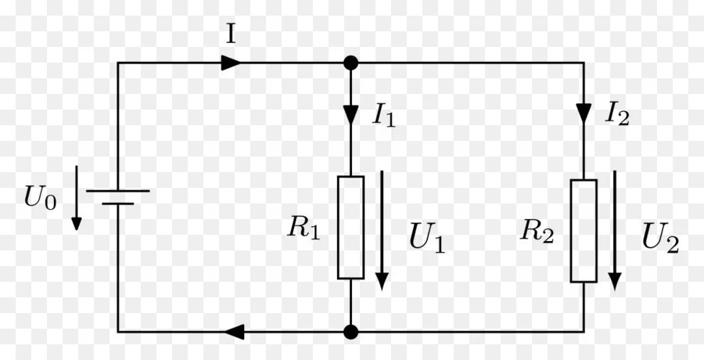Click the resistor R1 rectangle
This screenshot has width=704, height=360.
(351, 227)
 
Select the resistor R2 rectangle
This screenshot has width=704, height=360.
(584, 230)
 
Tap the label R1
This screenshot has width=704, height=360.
(304, 228)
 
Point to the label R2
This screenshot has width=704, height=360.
(538, 230)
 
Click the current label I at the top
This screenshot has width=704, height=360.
(231, 34)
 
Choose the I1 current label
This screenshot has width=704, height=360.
(384, 117)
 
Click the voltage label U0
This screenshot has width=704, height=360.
(40, 198)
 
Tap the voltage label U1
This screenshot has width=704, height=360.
(427, 239)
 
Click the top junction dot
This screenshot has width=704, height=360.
(351, 63)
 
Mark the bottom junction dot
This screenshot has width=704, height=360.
(351, 332)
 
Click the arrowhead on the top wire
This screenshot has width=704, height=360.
(231, 63)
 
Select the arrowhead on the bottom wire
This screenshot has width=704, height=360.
(232, 332)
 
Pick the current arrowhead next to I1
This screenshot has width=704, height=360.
(351, 114)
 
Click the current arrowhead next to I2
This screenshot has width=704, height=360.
(584, 113)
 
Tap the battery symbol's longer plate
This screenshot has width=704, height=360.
(118, 190)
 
